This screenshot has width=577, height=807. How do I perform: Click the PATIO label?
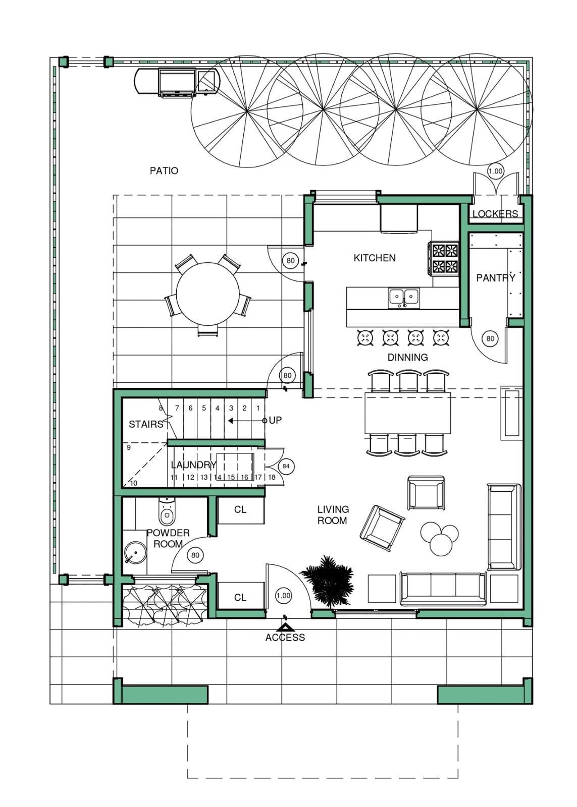pos(164,170)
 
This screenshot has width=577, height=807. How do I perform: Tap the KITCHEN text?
pos(375,258)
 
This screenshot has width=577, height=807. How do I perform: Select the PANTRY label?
pos(496,278)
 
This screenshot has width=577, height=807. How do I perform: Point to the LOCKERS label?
pos(495,214)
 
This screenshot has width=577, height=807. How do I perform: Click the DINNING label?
pos(407,358)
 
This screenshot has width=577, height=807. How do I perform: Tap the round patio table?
pos(207,294)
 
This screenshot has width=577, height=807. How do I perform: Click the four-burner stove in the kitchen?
pos(443,258)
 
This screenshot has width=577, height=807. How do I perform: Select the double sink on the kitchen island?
pos(404,298)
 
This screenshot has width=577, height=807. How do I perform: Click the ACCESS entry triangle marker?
pos(285,627)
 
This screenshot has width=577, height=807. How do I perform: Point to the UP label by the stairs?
pos(275,420)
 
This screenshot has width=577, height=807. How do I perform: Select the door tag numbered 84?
pos(286,466)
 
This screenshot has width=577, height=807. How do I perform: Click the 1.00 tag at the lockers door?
pos(495,171)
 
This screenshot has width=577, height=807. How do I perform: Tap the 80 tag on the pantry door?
pos(490,338)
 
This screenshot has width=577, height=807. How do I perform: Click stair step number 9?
pos(129,447)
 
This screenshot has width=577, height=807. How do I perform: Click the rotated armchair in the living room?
pos(382,529)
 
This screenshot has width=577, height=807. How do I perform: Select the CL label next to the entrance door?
pos(240,598)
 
